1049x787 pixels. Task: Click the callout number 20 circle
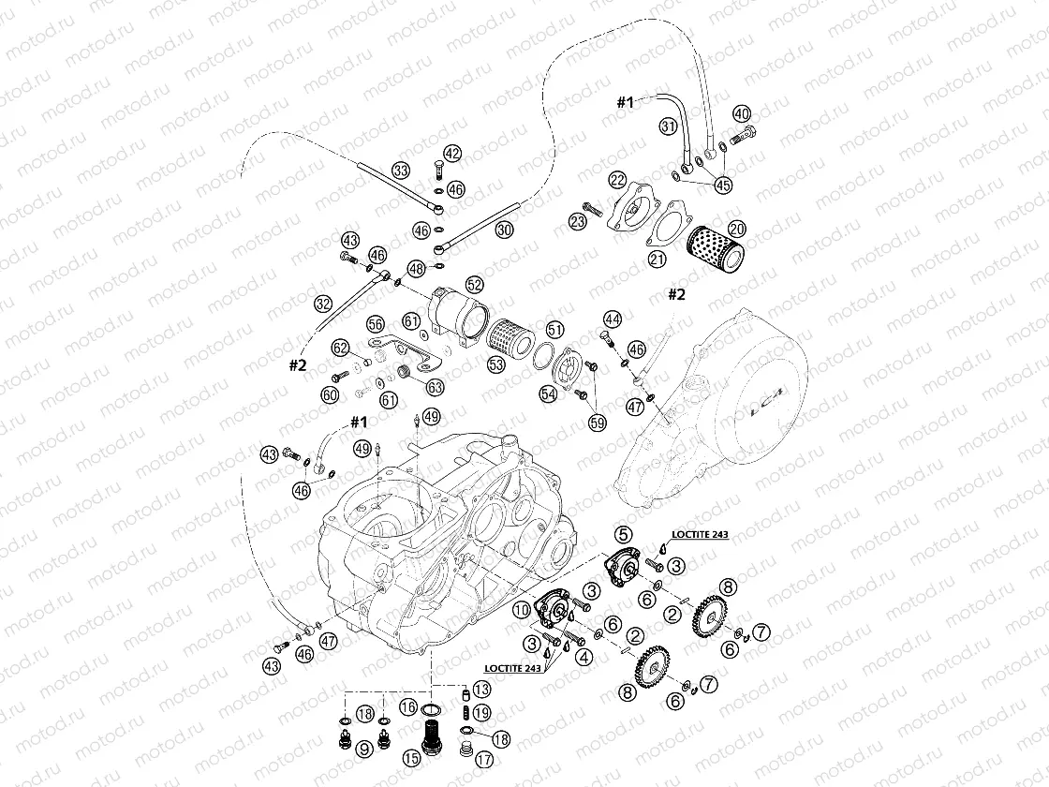pos(737,227)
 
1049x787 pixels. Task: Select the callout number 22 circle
pos(616,179)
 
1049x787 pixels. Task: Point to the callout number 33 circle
pos(401,171)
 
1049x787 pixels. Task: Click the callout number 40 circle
pos(742,113)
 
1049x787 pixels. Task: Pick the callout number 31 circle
pos(668,126)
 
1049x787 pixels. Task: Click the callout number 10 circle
pos(523,611)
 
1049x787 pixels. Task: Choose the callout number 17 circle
pos(484,759)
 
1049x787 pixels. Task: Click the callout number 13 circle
pos(480,689)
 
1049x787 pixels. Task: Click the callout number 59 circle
pos(597,423)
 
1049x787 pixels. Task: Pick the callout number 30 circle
pos(505,229)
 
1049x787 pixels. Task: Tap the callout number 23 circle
pos(577,221)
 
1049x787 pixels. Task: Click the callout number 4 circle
pos(583,657)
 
